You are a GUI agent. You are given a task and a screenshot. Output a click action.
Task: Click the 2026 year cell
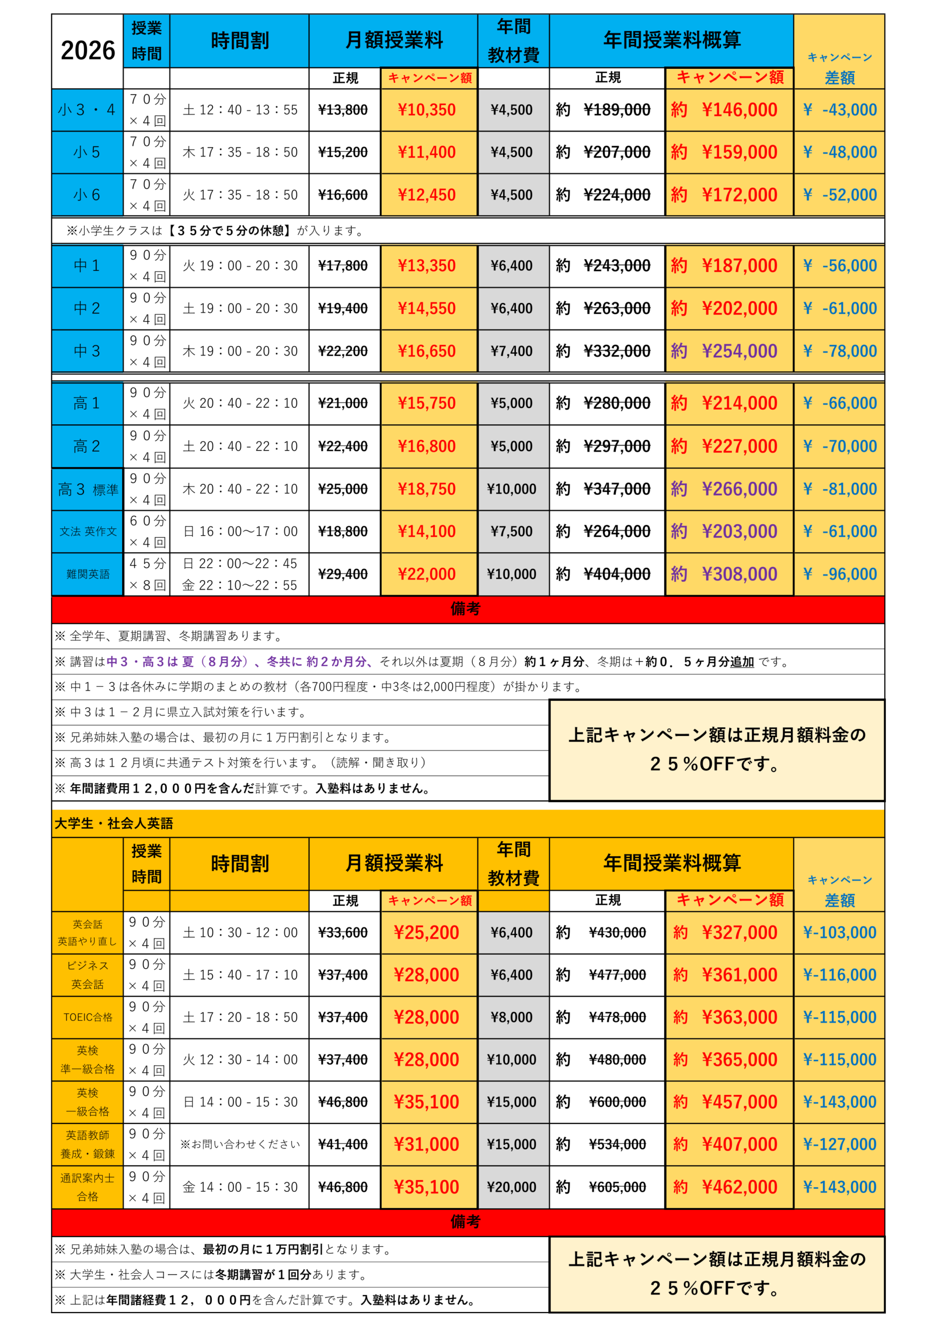tap(88, 51)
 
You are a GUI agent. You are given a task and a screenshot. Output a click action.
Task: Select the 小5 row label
tap(87, 152)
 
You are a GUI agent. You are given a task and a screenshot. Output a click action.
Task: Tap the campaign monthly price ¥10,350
tap(427, 110)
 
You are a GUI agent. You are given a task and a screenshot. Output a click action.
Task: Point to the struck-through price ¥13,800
tap(343, 110)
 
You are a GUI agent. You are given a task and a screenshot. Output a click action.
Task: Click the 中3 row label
tap(87, 351)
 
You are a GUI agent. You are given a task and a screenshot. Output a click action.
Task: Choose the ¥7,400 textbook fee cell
tap(512, 351)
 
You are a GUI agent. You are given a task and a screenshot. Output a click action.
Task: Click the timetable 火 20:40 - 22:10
tap(240, 403)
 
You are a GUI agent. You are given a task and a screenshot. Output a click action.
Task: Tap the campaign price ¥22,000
tap(427, 574)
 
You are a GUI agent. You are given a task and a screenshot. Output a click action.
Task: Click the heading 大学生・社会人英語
tap(114, 824)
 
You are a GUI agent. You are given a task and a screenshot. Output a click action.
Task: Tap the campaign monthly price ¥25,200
tap(427, 932)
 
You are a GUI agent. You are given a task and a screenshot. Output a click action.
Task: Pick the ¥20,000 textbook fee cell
tap(512, 1187)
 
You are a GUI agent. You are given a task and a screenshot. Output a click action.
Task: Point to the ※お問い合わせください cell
tap(240, 1144)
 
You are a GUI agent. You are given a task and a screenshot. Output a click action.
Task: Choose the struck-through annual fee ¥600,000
tap(617, 1102)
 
